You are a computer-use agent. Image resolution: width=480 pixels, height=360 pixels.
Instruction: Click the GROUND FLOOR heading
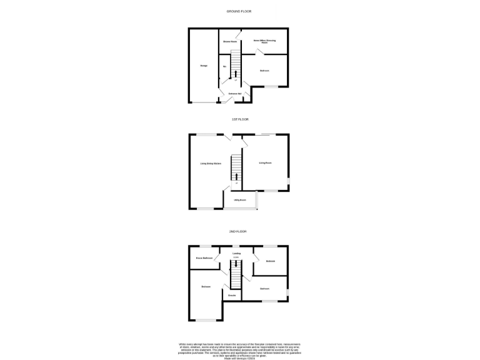(x=239, y=12)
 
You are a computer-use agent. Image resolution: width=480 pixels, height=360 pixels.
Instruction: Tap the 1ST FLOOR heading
(x=239, y=119)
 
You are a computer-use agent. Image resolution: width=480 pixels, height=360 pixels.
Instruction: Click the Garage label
(x=204, y=66)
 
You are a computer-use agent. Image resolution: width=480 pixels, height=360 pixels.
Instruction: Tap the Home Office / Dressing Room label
(x=264, y=42)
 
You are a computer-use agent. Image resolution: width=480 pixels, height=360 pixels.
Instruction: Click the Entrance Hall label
(x=235, y=94)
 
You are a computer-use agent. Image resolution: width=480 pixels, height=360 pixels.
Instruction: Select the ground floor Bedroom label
(x=264, y=71)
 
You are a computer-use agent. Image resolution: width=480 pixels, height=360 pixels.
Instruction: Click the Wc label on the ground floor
(x=224, y=66)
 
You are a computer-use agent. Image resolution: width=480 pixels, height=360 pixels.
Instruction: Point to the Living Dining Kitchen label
(x=211, y=164)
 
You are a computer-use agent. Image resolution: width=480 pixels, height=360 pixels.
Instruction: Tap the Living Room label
(x=265, y=163)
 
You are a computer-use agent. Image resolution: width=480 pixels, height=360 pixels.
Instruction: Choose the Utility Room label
(x=240, y=200)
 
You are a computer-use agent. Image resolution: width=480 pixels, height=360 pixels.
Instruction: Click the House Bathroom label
(x=204, y=258)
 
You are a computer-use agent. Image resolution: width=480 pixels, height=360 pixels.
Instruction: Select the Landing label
(x=236, y=254)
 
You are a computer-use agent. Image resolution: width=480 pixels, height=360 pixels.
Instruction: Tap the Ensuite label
(x=231, y=294)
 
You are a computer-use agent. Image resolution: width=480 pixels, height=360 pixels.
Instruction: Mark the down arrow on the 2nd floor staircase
(x=236, y=264)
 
